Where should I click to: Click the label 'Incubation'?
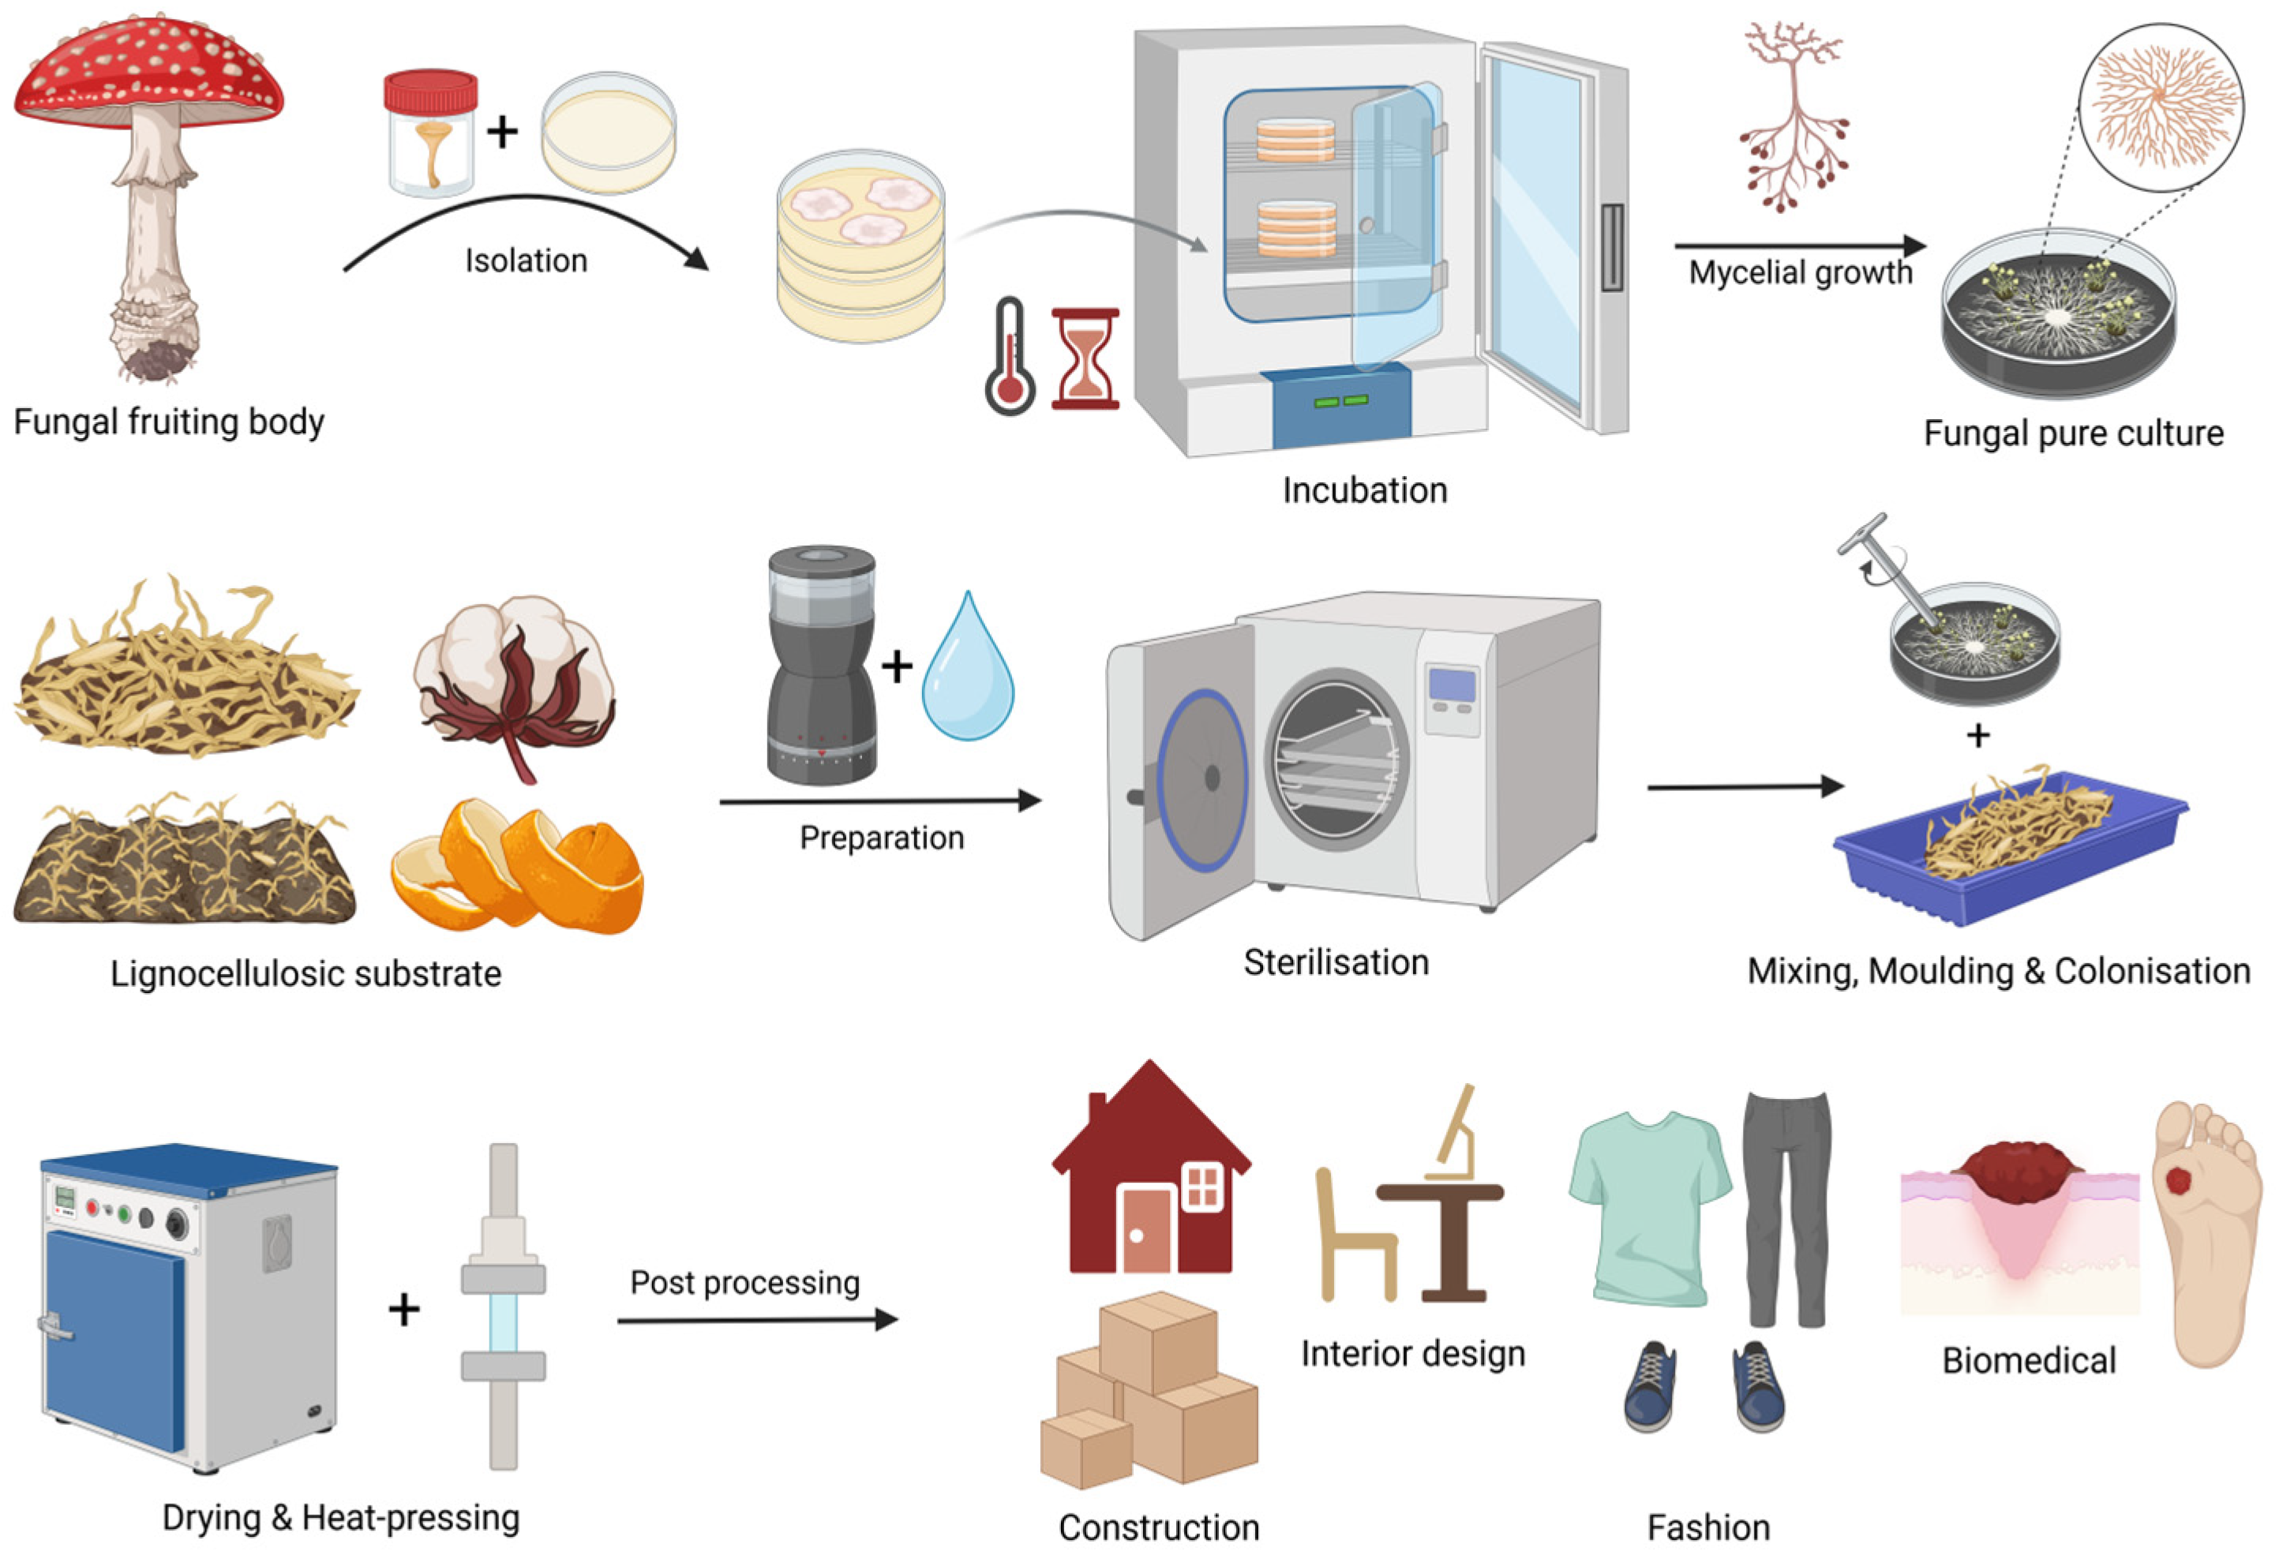click(1364, 490)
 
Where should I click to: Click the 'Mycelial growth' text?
click(1800, 272)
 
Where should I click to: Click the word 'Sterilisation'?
click(1336, 963)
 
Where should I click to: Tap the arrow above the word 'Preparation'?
click(879, 801)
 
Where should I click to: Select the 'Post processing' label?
click(744, 1282)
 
